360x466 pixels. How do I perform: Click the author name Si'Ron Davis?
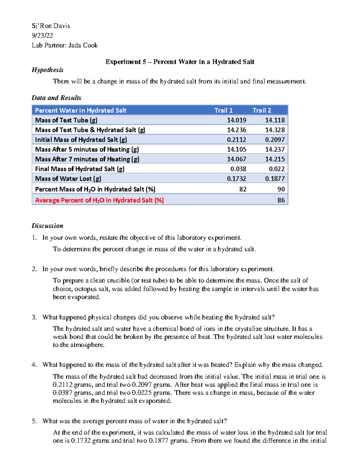click(x=51, y=26)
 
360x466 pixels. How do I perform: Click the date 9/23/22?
click(x=42, y=35)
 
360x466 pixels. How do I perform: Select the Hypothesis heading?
click(x=47, y=70)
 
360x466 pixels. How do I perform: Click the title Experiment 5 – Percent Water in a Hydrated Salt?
click(x=180, y=62)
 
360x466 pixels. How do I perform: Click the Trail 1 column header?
click(x=223, y=110)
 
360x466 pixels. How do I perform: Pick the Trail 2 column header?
click(x=262, y=110)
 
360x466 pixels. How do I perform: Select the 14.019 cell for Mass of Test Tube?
click(x=236, y=120)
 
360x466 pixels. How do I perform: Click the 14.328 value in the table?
click(x=274, y=130)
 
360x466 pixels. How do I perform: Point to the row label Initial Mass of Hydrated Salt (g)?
click(x=81, y=140)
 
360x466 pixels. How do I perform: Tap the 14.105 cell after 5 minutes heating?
click(x=236, y=149)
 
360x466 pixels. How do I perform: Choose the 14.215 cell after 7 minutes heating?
click(x=274, y=159)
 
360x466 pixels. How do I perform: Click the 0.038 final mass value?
click(x=238, y=169)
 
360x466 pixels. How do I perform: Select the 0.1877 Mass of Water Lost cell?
click(x=274, y=179)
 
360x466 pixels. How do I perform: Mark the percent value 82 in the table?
click(x=243, y=189)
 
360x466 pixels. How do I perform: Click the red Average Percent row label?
click(x=99, y=200)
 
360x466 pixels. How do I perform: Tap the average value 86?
click(x=281, y=200)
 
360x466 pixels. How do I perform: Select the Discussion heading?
click(x=47, y=226)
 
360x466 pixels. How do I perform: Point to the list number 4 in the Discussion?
click(x=34, y=365)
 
